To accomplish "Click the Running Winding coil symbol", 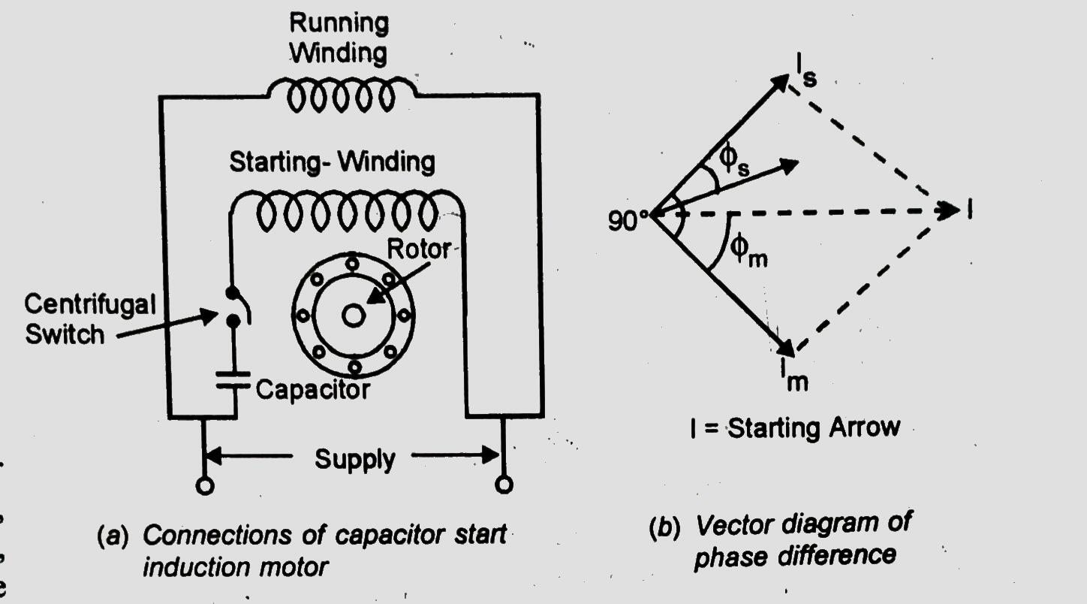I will (342, 96).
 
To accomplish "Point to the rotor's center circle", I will (353, 316).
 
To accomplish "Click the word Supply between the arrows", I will (354, 458).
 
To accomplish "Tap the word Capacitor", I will (313, 389).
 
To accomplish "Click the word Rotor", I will (418, 249).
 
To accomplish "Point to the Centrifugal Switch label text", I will (89, 318).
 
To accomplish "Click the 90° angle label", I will (628, 222).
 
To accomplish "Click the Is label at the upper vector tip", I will (805, 74).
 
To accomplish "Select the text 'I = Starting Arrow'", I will (793, 427).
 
